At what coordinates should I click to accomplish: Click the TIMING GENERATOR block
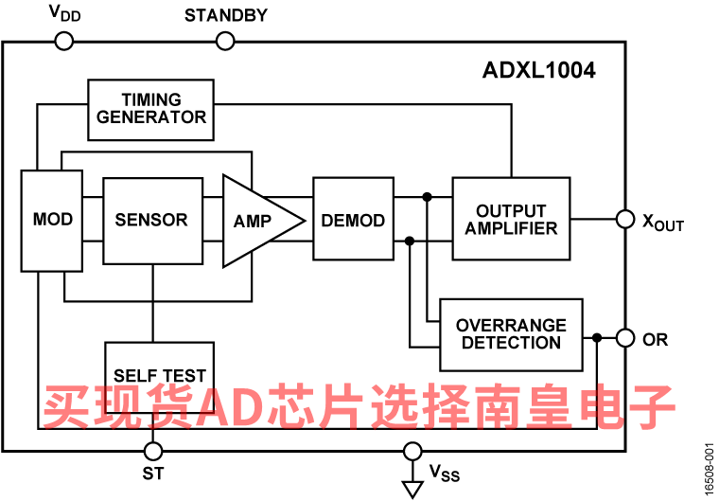pyautogui.click(x=150, y=110)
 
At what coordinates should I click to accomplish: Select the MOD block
pyautogui.click(x=52, y=221)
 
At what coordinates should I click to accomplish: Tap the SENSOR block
pyautogui.click(x=152, y=221)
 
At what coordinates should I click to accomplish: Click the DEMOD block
pyautogui.click(x=353, y=219)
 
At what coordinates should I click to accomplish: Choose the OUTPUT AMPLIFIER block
pyautogui.click(x=511, y=219)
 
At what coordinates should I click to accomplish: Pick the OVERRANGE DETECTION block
pyautogui.click(x=511, y=334)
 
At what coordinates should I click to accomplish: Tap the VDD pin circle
pyautogui.click(x=64, y=42)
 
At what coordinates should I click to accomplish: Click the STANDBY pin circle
pyautogui.click(x=225, y=42)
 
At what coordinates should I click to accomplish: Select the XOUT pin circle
pyautogui.click(x=625, y=219)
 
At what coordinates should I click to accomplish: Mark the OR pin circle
pyautogui.click(x=625, y=338)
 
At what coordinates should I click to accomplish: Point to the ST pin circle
pyautogui.click(x=152, y=452)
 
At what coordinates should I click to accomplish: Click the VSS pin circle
pyautogui.click(x=412, y=452)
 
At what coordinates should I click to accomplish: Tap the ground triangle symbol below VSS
pyautogui.click(x=412, y=490)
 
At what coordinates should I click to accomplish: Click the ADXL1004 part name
pyautogui.click(x=539, y=70)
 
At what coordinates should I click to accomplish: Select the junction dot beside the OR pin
pyautogui.click(x=597, y=338)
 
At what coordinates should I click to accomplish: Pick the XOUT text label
pyautogui.click(x=663, y=223)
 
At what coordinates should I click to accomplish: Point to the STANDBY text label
pyautogui.click(x=225, y=15)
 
